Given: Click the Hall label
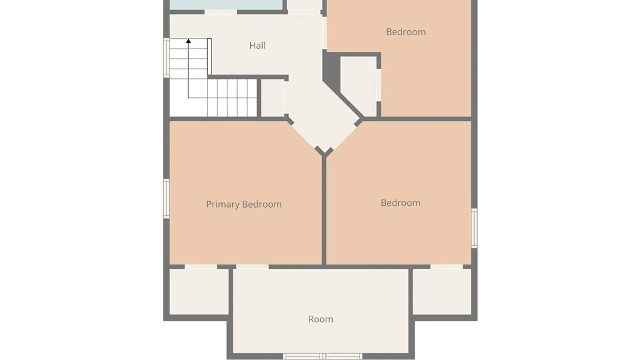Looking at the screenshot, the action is [257, 45].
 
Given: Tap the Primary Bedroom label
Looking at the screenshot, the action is [244, 204].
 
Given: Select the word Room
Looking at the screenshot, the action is [320, 319].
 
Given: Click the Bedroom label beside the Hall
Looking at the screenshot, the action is [406, 32].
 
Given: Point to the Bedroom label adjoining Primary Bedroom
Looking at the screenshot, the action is [400, 203].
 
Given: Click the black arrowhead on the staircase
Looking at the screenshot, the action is [188, 41].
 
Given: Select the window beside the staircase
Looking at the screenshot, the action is [166, 58].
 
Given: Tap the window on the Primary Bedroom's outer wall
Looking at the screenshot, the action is [166, 199].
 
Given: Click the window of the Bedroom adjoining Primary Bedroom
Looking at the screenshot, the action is [474, 228].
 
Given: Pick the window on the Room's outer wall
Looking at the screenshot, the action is [323, 356].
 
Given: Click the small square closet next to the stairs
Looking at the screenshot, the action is [272, 98].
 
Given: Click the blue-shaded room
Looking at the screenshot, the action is [226, 5].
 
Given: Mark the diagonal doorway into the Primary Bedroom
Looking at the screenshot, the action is [303, 135].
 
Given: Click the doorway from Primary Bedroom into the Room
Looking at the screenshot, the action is [252, 267].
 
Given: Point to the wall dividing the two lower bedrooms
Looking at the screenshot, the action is [324, 210].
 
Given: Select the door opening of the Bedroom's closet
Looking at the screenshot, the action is [379, 85].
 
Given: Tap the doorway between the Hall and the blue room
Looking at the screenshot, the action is [221, 12].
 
